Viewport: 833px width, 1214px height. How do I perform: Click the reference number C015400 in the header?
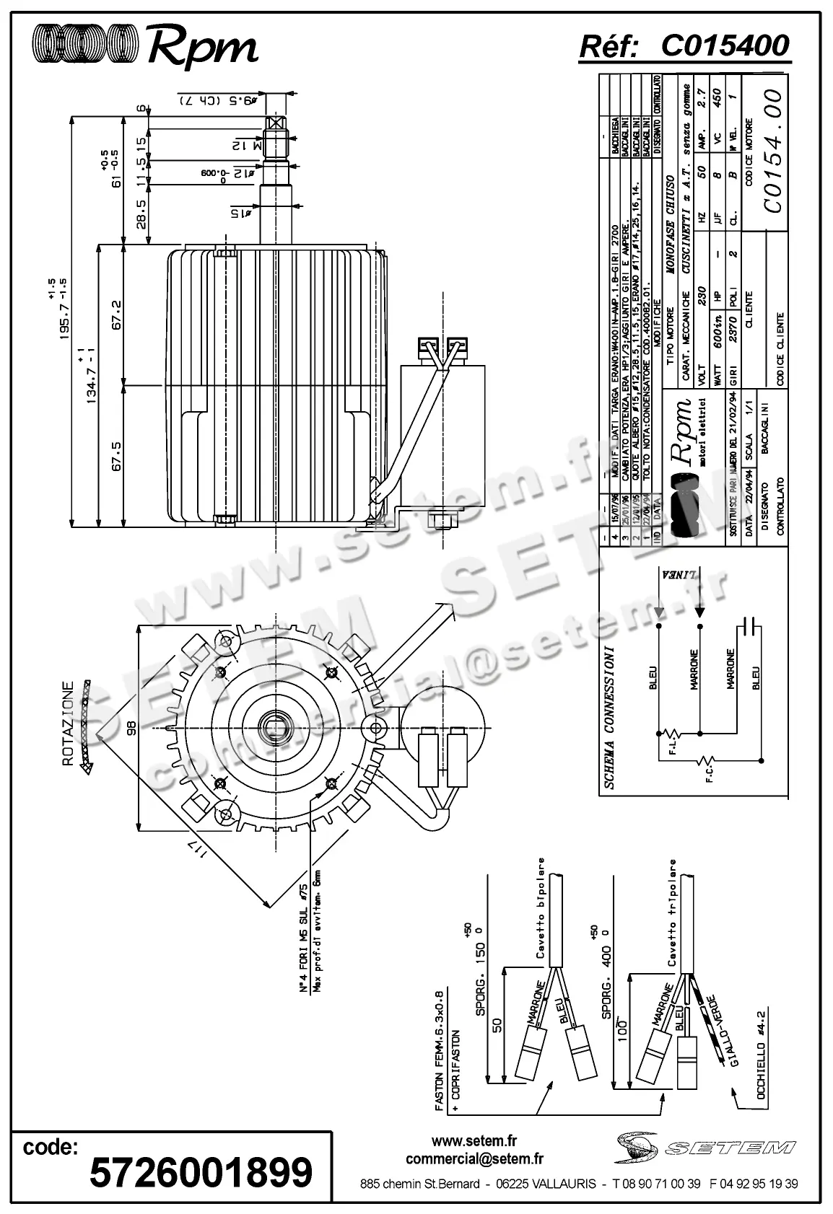coord(725,45)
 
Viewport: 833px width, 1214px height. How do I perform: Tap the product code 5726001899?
coord(201,1171)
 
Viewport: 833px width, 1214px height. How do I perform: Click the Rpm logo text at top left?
coord(203,48)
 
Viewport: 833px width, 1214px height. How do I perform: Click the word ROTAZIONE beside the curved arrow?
coord(68,723)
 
